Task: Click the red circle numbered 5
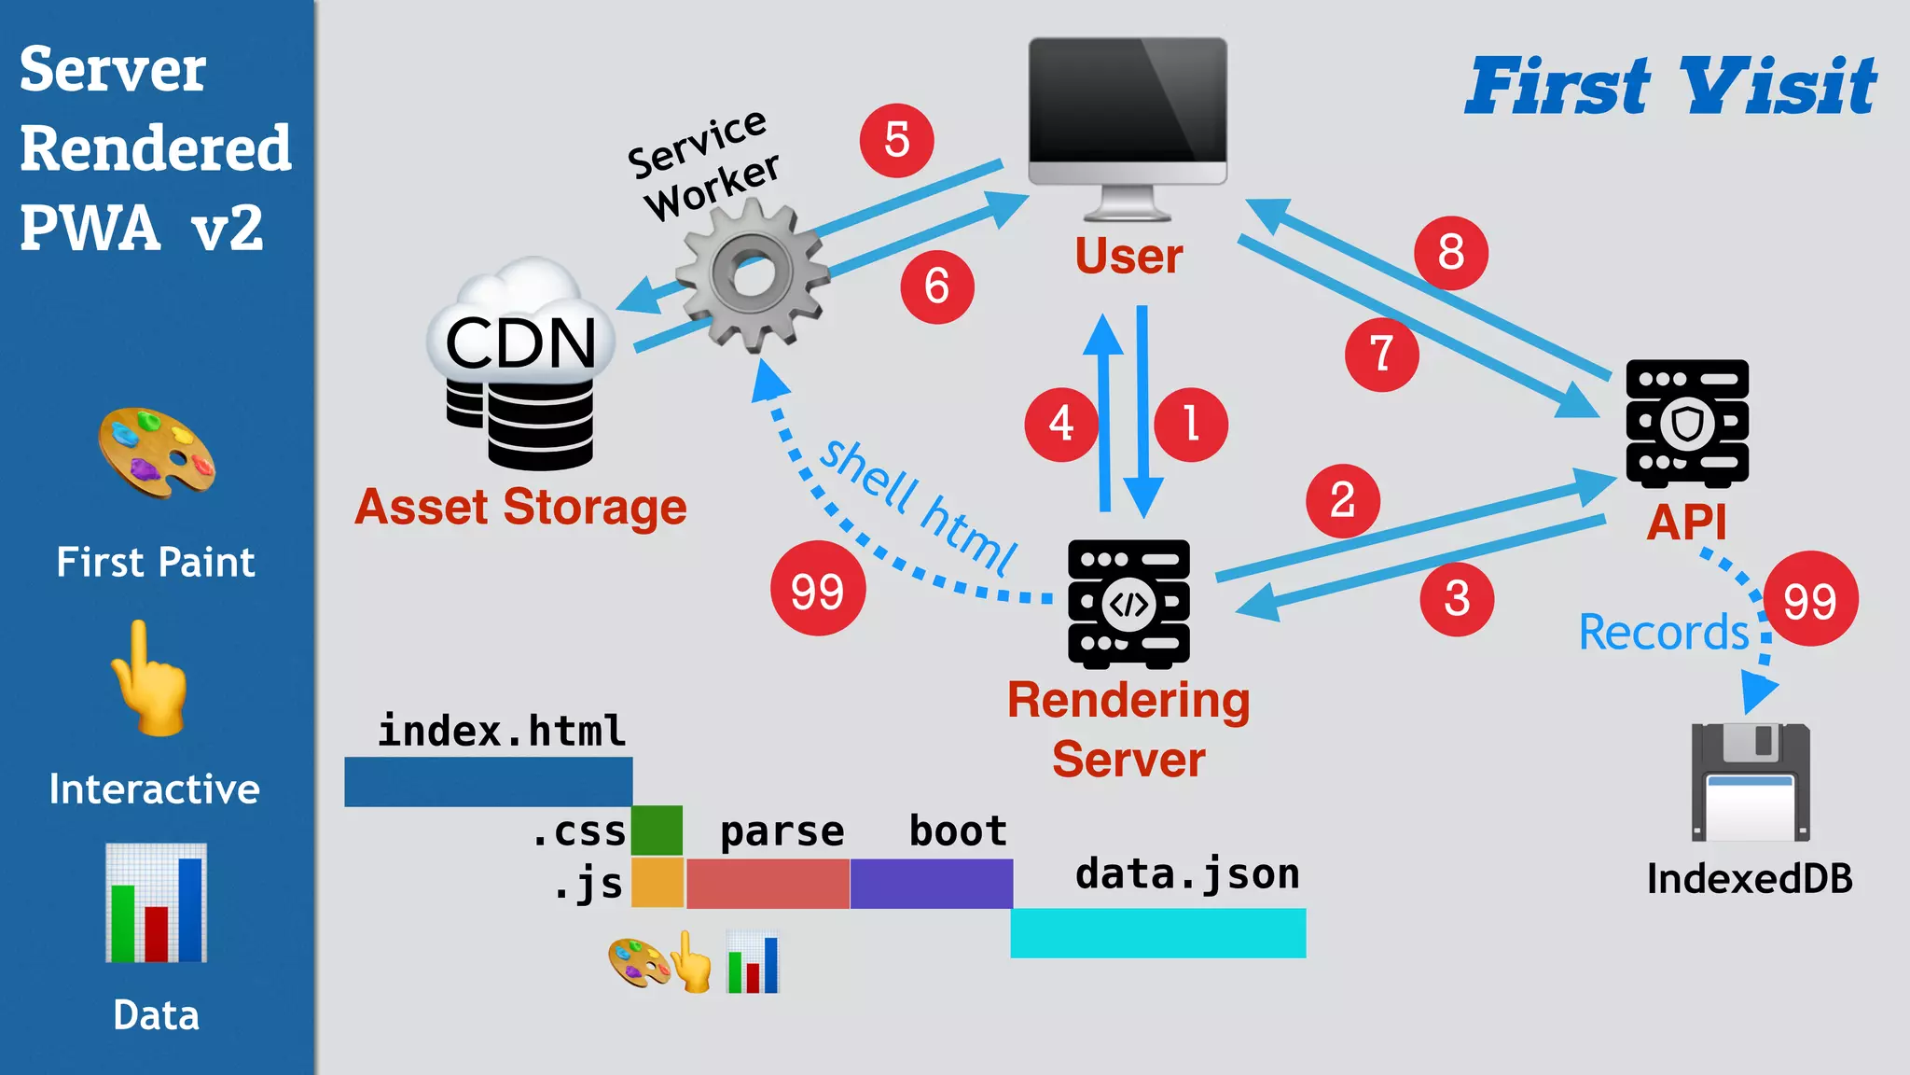896,140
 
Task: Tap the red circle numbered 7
1381,354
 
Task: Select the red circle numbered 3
1457,598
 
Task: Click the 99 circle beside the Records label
1810,599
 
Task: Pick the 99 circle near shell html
818,589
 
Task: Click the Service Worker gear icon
753,274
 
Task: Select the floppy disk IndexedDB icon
1751,782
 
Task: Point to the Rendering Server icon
1128,604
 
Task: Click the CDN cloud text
520,342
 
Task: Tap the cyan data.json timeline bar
1157,932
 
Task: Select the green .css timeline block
657,830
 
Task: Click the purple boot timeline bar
931,883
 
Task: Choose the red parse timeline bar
768,883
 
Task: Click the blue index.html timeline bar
488,781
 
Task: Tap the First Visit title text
1670,86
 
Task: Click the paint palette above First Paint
157,453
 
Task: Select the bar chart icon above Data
156,902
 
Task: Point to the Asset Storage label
520,508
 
